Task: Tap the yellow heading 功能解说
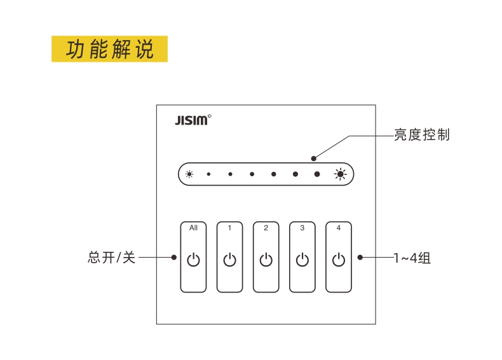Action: click(109, 49)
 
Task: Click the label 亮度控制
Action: click(422, 135)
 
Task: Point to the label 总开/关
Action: click(111, 258)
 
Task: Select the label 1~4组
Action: click(412, 258)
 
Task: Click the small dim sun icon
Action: click(189, 174)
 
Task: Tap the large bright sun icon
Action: click(340, 174)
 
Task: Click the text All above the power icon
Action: click(193, 228)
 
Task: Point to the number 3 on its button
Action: click(302, 228)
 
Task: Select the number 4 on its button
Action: click(339, 228)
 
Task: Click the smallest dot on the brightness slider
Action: click(208, 174)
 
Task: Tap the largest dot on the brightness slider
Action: click(317, 174)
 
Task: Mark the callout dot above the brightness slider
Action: click(314, 158)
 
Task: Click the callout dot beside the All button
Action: click(174, 257)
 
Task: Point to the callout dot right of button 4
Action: click(360, 257)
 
